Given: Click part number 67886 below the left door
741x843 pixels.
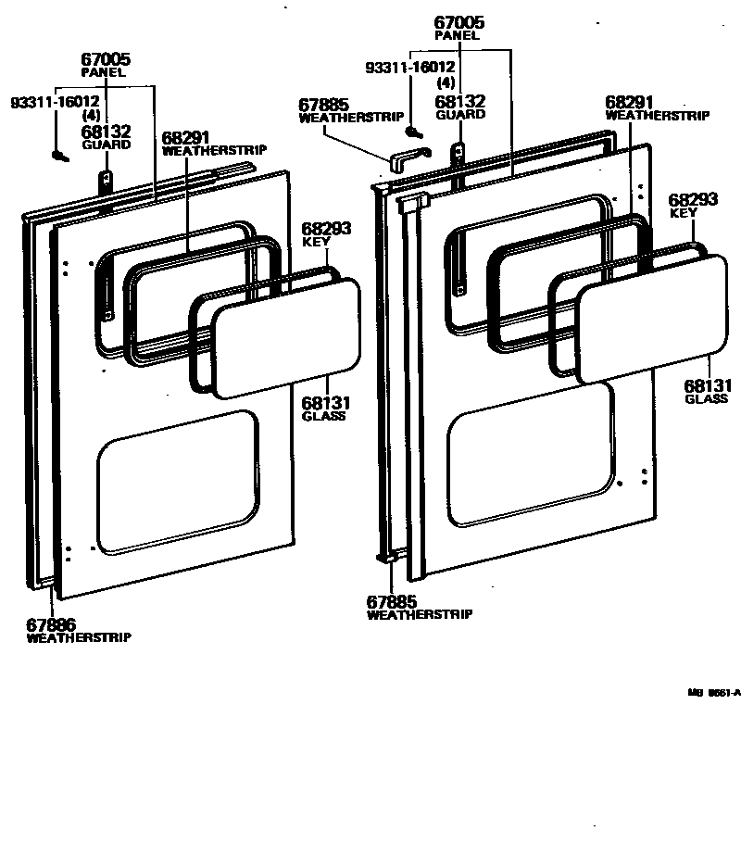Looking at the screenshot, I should coord(50,625).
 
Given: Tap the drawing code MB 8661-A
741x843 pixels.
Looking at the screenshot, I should coord(713,691).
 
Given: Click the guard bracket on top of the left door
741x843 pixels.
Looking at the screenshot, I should coord(107,179).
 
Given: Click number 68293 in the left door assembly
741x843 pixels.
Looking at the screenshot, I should coord(326,229).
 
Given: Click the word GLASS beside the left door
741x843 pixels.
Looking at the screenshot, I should coord(323,416).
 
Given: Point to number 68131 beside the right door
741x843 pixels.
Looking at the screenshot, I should coord(708,385).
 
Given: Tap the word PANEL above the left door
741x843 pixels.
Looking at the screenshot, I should coord(103,71).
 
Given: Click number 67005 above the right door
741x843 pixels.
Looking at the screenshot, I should coord(458,22).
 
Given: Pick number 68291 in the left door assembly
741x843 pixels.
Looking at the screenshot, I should coord(186,137).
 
